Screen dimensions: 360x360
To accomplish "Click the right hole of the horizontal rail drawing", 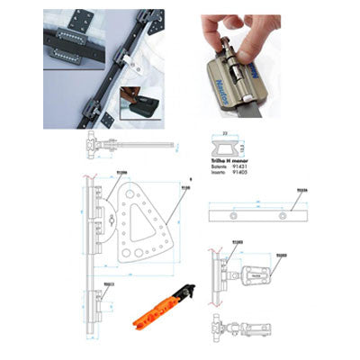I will point(281,218).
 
